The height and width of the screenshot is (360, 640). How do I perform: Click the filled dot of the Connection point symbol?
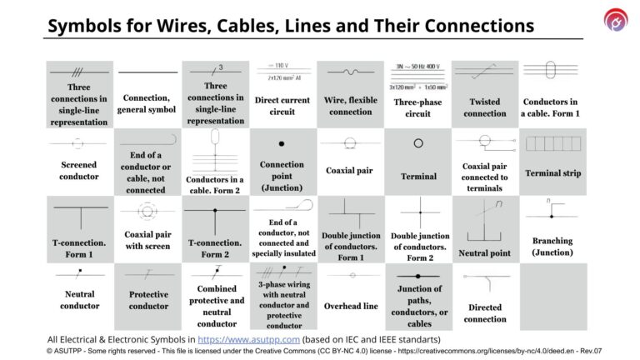282,143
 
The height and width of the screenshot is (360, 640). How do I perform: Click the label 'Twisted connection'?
485,107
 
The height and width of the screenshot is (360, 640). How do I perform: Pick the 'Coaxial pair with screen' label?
147,240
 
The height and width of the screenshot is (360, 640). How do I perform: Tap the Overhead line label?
350,306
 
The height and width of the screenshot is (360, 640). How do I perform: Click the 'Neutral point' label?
485,252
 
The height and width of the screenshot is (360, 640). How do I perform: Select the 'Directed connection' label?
485,312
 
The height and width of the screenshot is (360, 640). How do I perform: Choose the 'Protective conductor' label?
147,300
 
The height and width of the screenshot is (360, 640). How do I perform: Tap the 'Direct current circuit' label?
282,106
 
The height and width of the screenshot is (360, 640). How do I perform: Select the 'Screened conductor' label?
80,170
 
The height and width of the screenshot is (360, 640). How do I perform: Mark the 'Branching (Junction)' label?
552,246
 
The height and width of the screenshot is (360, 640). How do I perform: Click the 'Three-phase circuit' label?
417,107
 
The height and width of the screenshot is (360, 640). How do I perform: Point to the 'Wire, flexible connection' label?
350,106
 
